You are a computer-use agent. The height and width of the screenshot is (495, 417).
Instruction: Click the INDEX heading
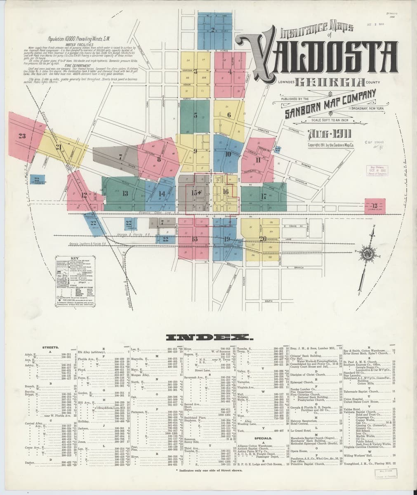208,338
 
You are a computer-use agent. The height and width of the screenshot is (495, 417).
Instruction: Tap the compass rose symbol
365,255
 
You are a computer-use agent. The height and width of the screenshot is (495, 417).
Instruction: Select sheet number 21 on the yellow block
59,147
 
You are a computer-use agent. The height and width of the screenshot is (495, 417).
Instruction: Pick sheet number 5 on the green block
196,115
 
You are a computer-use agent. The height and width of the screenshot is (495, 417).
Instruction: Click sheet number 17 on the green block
263,196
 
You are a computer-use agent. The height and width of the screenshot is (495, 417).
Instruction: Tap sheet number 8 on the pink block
158,159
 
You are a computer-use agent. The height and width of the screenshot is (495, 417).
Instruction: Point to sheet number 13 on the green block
125,193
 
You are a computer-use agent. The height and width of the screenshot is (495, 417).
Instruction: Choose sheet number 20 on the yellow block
263,238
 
